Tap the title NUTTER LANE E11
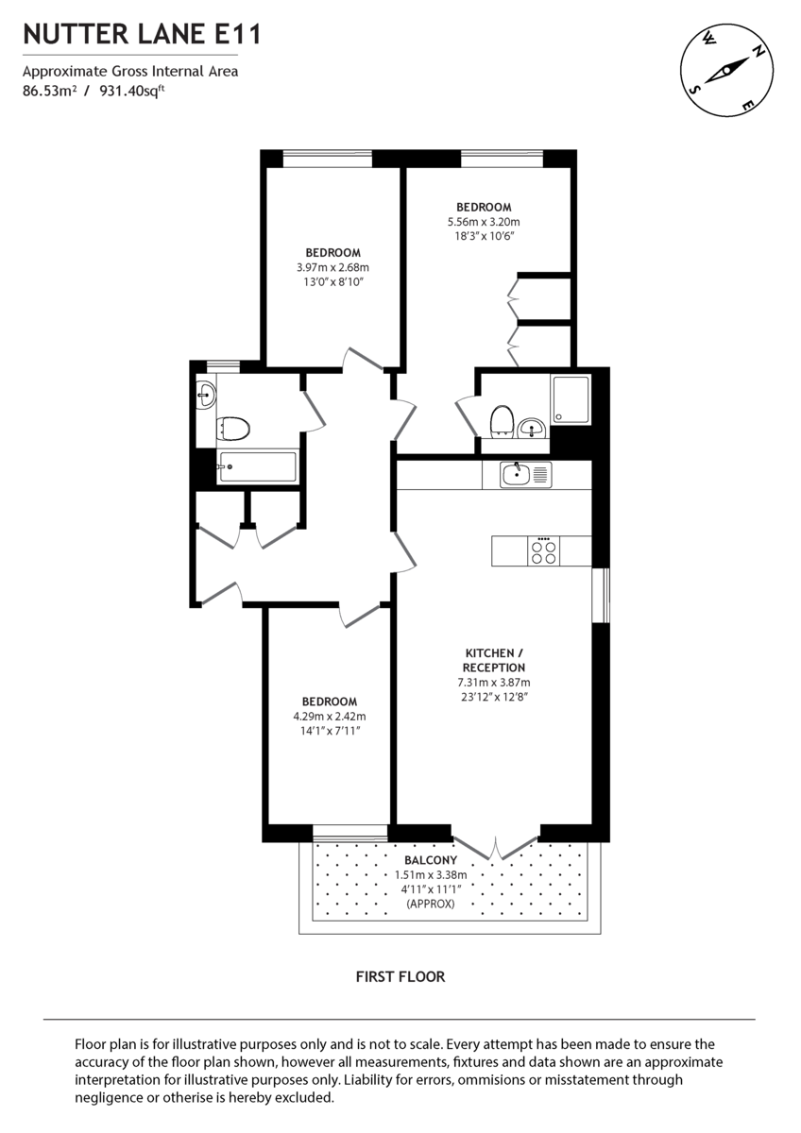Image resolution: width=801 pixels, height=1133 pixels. click(x=142, y=35)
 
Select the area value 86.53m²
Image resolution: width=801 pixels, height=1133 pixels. click(x=49, y=92)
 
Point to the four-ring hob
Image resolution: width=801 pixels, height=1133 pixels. click(x=543, y=550)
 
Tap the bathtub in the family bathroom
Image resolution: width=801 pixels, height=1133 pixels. click(x=256, y=466)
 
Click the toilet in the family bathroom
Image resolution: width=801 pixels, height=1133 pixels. click(x=232, y=430)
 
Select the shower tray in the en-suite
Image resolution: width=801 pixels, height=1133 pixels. click(x=570, y=400)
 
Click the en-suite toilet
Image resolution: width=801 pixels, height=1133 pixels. click(x=501, y=422)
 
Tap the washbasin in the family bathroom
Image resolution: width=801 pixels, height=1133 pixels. click(x=206, y=394)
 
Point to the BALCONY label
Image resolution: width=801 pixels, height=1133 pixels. click(x=431, y=860)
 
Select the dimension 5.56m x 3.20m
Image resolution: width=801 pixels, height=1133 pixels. click(x=484, y=222)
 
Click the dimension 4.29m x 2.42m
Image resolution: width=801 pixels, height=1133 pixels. click(x=329, y=716)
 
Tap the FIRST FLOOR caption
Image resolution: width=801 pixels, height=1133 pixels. click(x=400, y=976)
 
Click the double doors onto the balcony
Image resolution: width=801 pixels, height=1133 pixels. click(x=495, y=846)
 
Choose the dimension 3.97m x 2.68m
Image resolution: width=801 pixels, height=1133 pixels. click(x=332, y=267)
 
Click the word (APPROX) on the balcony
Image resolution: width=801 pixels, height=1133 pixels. click(x=431, y=904)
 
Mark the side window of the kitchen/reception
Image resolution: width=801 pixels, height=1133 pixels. click(x=600, y=595)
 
